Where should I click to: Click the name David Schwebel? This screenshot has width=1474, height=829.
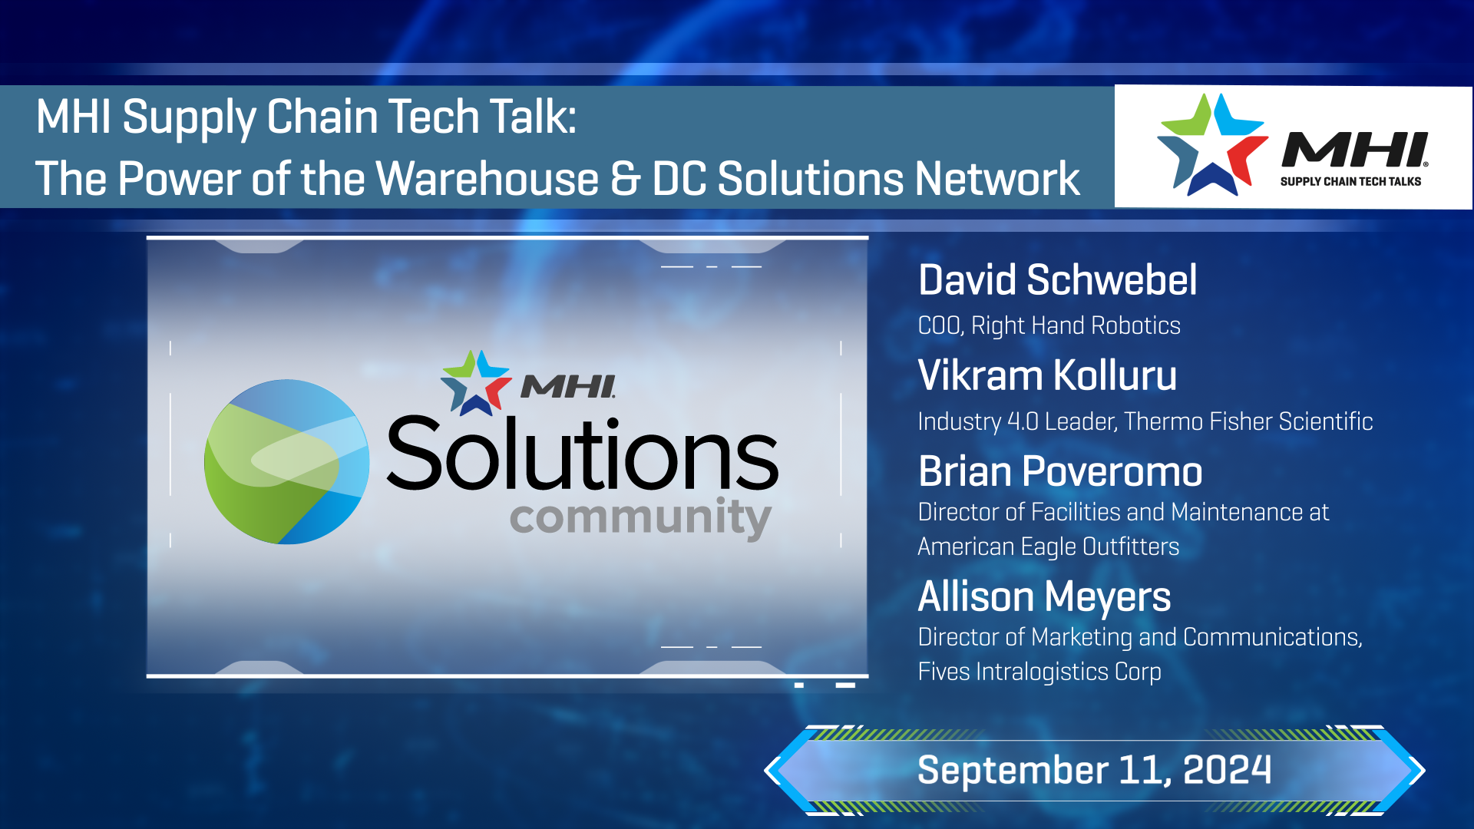1057,279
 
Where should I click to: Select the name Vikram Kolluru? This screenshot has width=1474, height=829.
1047,375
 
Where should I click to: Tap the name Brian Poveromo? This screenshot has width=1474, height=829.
1060,471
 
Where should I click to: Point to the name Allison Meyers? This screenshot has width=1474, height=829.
1044,597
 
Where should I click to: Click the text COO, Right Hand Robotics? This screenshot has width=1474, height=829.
1049,325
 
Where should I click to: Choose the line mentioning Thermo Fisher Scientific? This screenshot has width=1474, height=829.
1145,421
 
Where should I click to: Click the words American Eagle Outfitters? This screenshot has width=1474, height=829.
1049,547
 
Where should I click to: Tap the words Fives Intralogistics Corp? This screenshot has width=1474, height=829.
1039,672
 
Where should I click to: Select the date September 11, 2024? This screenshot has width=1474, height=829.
1095,770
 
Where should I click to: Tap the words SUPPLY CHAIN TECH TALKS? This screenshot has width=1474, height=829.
1350,182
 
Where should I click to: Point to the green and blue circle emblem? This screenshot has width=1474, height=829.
286,462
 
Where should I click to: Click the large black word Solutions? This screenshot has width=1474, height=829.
583,454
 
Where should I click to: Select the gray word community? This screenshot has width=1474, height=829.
640,518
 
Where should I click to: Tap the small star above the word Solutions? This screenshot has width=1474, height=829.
476,382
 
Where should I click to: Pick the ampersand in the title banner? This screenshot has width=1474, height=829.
626,179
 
